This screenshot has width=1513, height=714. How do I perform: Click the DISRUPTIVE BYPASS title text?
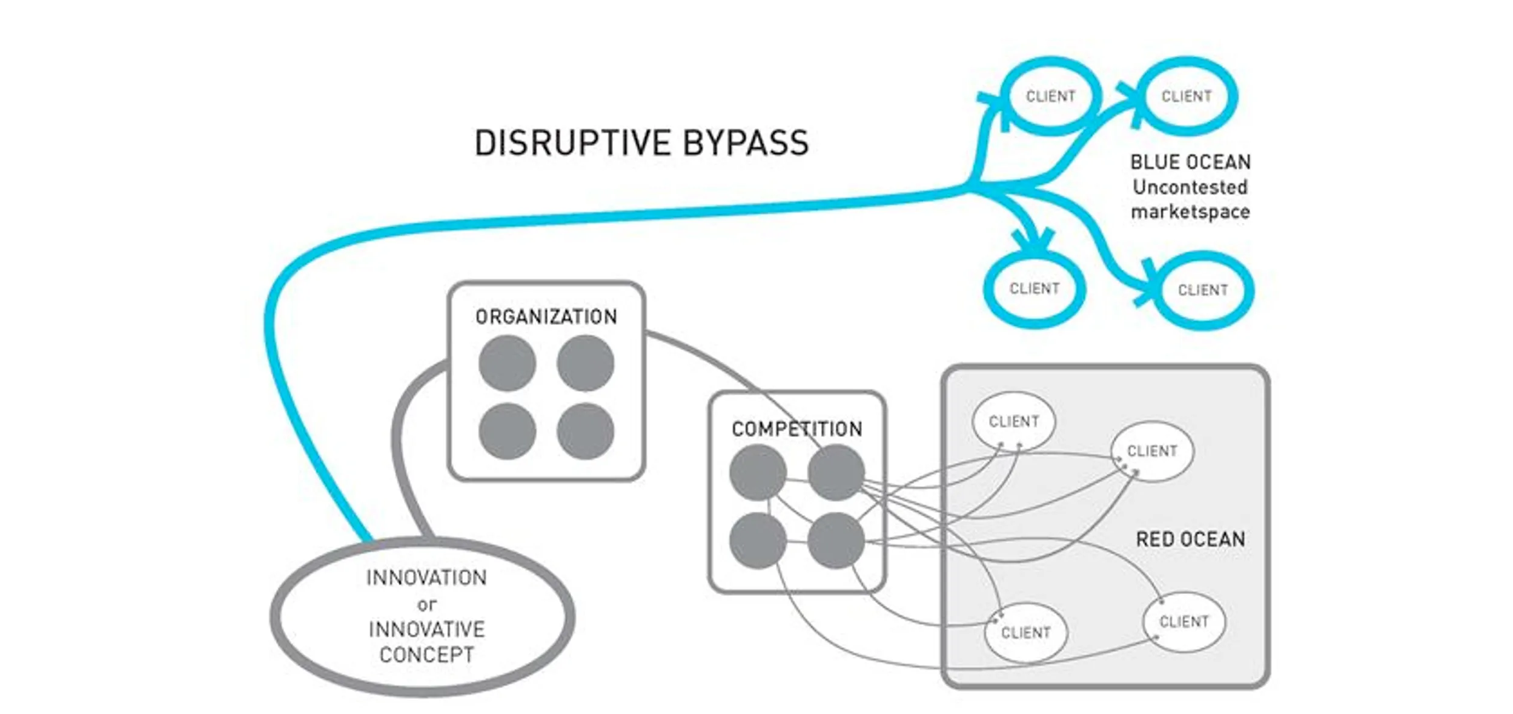[x=641, y=143]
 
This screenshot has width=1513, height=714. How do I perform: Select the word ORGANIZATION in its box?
[x=546, y=316]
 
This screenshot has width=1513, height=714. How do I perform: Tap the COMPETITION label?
[x=796, y=429]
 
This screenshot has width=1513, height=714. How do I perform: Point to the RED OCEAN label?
[x=1190, y=539]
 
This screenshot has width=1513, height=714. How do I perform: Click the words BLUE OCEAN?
[x=1190, y=162]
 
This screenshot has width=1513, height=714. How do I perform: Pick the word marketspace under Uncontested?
[x=1190, y=212]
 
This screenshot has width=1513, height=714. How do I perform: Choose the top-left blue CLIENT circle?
[x=1050, y=96]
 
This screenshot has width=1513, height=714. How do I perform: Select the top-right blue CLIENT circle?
[x=1186, y=96]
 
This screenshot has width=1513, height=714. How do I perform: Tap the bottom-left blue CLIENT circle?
[x=1034, y=289]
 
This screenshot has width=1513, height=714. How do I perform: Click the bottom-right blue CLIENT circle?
[x=1202, y=290]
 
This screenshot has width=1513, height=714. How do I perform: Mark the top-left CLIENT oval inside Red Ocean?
[x=1013, y=421]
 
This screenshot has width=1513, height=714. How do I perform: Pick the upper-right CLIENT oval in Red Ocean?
[x=1151, y=451]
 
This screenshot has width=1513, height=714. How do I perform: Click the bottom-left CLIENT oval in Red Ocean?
[x=1025, y=633]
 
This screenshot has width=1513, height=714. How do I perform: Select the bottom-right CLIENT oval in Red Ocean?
[x=1184, y=622]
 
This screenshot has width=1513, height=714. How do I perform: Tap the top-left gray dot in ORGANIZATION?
[x=507, y=363]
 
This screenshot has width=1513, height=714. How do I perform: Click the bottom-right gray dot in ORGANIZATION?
[x=585, y=431]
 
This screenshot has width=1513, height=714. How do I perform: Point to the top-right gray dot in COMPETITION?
[x=836, y=472]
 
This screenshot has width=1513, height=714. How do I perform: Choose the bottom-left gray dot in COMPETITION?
[x=758, y=540]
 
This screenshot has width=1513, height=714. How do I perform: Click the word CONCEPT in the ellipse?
[x=426, y=655]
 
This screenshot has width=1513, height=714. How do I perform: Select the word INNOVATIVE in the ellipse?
[x=426, y=629]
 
